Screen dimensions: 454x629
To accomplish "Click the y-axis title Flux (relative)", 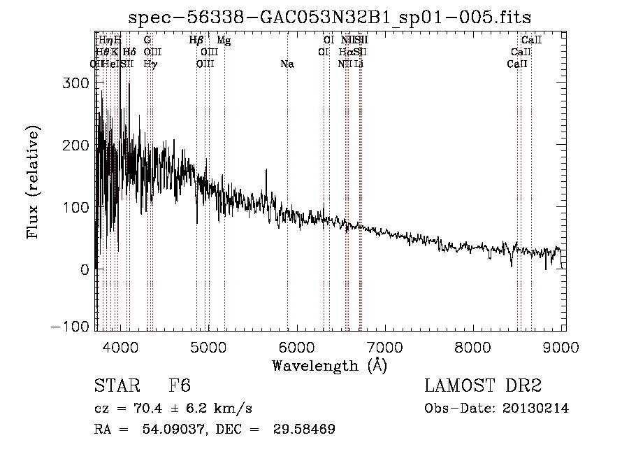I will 33,182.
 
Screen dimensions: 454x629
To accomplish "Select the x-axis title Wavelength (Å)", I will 329,365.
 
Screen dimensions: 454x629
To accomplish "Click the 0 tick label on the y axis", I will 84,269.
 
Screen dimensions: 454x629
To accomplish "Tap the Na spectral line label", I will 287,64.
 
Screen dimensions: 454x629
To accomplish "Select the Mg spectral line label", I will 224,41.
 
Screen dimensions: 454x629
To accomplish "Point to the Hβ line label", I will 196,41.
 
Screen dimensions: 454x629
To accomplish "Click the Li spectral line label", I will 359,64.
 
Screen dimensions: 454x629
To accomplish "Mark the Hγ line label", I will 150,64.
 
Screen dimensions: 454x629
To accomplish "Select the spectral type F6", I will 180,386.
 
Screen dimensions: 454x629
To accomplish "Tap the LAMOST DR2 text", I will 483,386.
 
